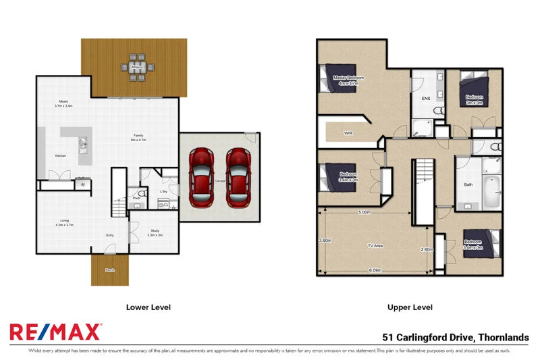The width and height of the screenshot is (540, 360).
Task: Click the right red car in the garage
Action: (238, 178)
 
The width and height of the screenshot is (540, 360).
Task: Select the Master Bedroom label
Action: (348, 78)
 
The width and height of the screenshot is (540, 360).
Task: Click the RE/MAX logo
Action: (55, 332)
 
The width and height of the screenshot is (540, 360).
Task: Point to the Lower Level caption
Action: (148, 307)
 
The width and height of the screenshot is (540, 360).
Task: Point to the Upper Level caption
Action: (410, 307)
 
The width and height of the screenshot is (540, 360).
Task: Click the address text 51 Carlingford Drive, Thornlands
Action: (456, 337)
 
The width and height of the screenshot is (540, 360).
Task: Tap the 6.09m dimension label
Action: (376, 270)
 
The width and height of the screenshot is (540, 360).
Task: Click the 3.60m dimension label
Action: (325, 240)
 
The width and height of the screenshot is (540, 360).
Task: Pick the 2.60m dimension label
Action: (426, 249)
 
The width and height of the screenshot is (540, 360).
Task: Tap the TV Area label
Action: (375, 245)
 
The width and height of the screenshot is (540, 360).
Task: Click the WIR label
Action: (348, 133)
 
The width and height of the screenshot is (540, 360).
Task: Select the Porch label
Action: (109, 270)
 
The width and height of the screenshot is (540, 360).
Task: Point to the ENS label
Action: (426, 99)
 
